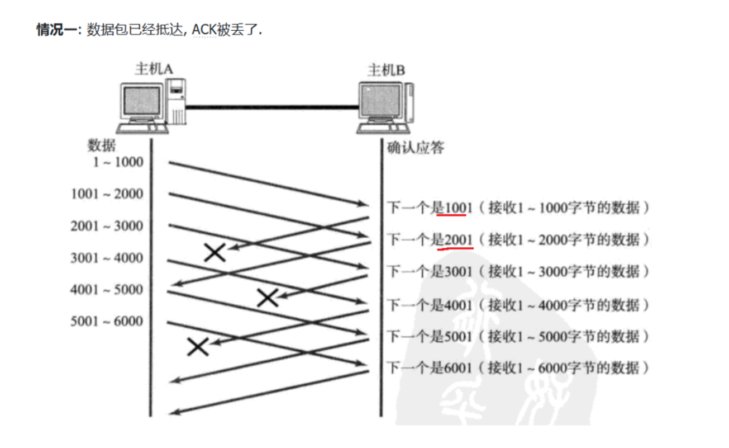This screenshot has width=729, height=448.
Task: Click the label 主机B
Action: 386,70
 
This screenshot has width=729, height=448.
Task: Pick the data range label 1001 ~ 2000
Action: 107,194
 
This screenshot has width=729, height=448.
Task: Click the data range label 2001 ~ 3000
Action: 107,226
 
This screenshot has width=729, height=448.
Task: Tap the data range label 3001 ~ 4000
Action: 107,258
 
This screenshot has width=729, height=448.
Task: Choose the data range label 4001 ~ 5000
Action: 107,290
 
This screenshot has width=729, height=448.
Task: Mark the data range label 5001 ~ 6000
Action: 107,322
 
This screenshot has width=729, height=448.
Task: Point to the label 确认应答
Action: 416,148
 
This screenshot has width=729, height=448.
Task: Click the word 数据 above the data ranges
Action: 102,145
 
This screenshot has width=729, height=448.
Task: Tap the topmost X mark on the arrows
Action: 215,253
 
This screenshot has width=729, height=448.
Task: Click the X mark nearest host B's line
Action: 268,298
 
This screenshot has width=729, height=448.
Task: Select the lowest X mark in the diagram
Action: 197,347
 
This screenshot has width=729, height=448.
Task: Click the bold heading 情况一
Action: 58,30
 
